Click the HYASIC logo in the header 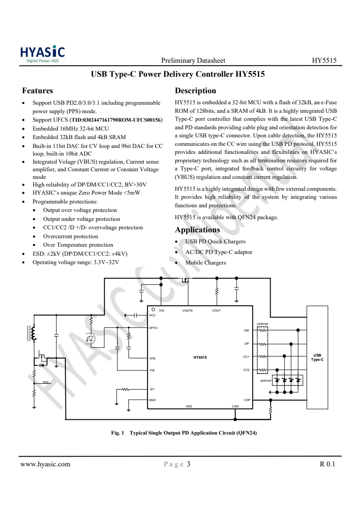tap(42, 54)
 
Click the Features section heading tap(37, 91)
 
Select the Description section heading tap(195, 91)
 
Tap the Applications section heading tap(198, 230)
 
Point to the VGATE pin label tap(187, 310)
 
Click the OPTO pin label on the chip tap(153, 328)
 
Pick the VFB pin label tap(152, 358)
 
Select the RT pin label tap(152, 389)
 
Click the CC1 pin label tap(246, 357)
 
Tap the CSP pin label tap(247, 400)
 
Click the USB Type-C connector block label tap(317, 357)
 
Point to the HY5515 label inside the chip tap(200, 357)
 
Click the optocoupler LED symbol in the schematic tap(91, 338)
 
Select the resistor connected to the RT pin tap(125, 389)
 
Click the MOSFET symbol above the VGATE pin tap(185, 280)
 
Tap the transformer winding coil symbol tap(33, 333)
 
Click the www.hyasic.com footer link tap(45, 464)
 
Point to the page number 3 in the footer tap(188, 464)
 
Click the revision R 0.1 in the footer tap(327, 464)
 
